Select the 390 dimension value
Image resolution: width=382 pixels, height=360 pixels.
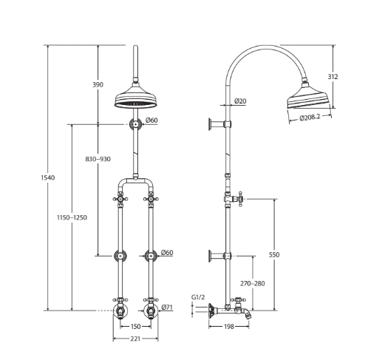(98, 85)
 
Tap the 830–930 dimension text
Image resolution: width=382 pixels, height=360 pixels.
(98, 159)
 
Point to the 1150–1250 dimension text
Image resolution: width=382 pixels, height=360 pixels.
(72, 217)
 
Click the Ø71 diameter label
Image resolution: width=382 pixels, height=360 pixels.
(168, 307)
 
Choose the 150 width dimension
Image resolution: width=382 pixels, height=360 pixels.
(135, 326)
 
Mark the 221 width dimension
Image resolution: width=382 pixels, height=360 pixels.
(135, 339)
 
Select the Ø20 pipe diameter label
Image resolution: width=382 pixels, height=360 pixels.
(241, 101)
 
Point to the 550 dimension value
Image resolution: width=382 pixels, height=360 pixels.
(274, 254)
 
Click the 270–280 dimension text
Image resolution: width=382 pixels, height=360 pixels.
(252, 283)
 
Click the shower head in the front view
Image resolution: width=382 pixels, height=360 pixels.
(135, 99)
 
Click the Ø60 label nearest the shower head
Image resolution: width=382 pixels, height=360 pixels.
(151, 120)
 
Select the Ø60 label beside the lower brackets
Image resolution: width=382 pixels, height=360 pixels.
(168, 253)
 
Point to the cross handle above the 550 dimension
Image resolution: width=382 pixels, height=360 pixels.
(239, 198)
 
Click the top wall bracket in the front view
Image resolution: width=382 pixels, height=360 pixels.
(135, 123)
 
